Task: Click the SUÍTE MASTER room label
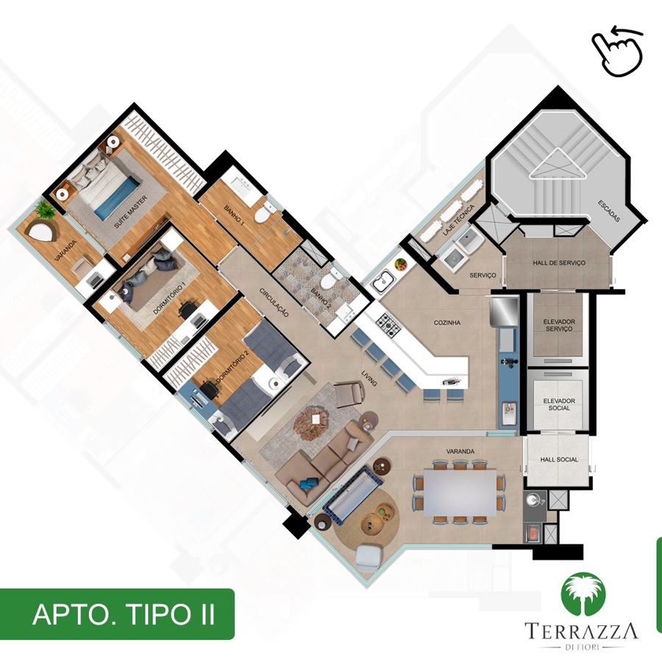[131, 212]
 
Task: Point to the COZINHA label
[446, 323]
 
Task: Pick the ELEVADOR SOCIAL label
[559, 405]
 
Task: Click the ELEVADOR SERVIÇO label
[559, 325]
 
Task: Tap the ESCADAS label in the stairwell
[609, 211]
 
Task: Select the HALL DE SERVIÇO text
[559, 263]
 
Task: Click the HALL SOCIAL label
[559, 459]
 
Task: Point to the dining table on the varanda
[460, 492]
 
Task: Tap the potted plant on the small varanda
[44, 210]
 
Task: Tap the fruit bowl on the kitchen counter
[401, 265]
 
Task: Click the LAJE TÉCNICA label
[458, 220]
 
